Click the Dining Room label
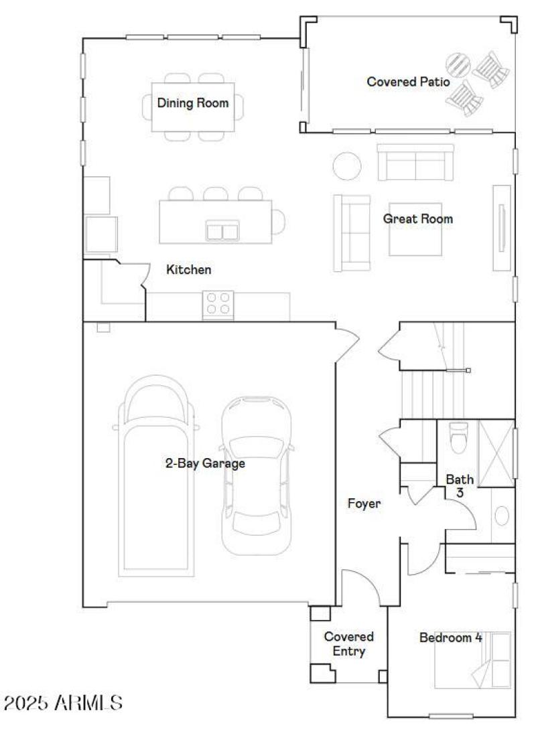pos(193,103)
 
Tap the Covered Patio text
pos(407,82)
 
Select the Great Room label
pos(417,219)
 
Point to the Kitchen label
pos(189,270)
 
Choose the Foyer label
pos(364,504)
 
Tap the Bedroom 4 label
pos(450,638)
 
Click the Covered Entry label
pos(348,644)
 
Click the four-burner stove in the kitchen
pos(218,303)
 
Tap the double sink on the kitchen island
pos(222,231)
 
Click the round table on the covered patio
pos(460,66)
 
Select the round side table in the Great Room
pos(348,165)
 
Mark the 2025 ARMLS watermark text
pos(64,703)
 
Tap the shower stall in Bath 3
pos(496,452)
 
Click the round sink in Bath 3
pos(501,516)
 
